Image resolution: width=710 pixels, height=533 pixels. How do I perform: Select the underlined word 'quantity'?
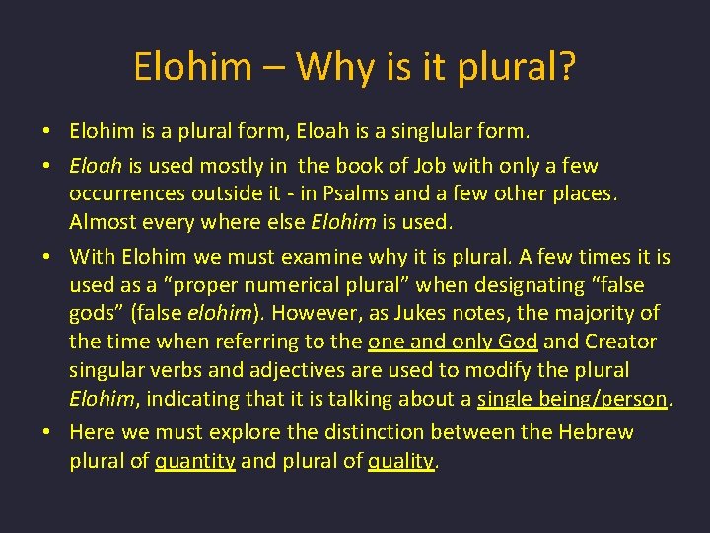coord(195,461)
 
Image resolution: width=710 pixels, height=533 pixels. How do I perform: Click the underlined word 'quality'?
coord(400,461)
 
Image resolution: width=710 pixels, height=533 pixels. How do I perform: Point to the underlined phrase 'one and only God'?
coord(453,343)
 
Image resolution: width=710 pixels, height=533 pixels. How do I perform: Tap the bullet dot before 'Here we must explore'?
coord(47,432)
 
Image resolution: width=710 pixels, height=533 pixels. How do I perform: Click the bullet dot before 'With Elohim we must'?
coord(47,258)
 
